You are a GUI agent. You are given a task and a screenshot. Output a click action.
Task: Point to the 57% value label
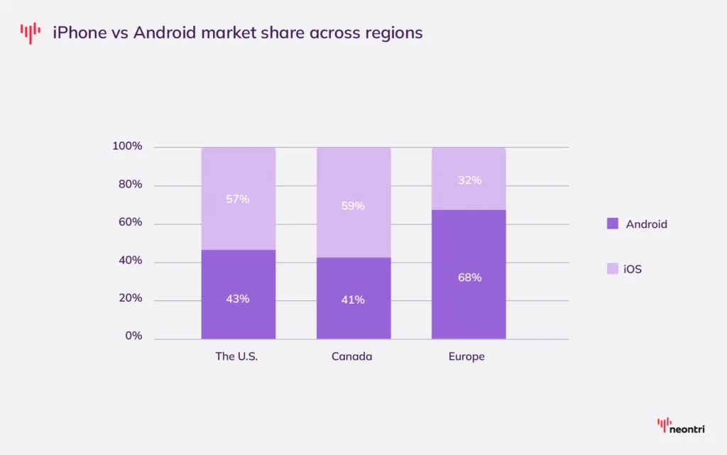click(x=238, y=199)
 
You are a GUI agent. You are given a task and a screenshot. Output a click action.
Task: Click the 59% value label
click(x=354, y=206)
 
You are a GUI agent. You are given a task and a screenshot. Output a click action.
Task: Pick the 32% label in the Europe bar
click(x=469, y=180)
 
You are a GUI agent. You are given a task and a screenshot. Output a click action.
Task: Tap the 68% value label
click(x=469, y=278)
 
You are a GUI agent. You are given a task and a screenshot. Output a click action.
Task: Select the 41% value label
click(x=354, y=300)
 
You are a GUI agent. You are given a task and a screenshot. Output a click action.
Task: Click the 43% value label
click(x=238, y=299)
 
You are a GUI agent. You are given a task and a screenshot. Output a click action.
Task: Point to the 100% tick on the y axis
click(x=127, y=146)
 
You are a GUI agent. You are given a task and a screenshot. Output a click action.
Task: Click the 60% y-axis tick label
click(x=130, y=222)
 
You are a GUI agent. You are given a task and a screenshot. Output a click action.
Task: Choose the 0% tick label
click(x=133, y=336)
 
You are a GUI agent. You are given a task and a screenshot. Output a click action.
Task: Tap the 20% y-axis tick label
click(x=130, y=298)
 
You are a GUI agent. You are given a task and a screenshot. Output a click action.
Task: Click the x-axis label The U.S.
click(x=236, y=356)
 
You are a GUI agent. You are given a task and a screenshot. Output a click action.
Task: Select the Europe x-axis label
click(x=466, y=356)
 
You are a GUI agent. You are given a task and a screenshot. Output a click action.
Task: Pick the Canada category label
click(x=351, y=356)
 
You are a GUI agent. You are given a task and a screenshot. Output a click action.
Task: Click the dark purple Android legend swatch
click(x=613, y=224)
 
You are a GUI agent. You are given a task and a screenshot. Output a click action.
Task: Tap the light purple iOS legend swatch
click(x=613, y=269)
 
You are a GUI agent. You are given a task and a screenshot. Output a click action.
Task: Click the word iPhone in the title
click(x=79, y=33)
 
